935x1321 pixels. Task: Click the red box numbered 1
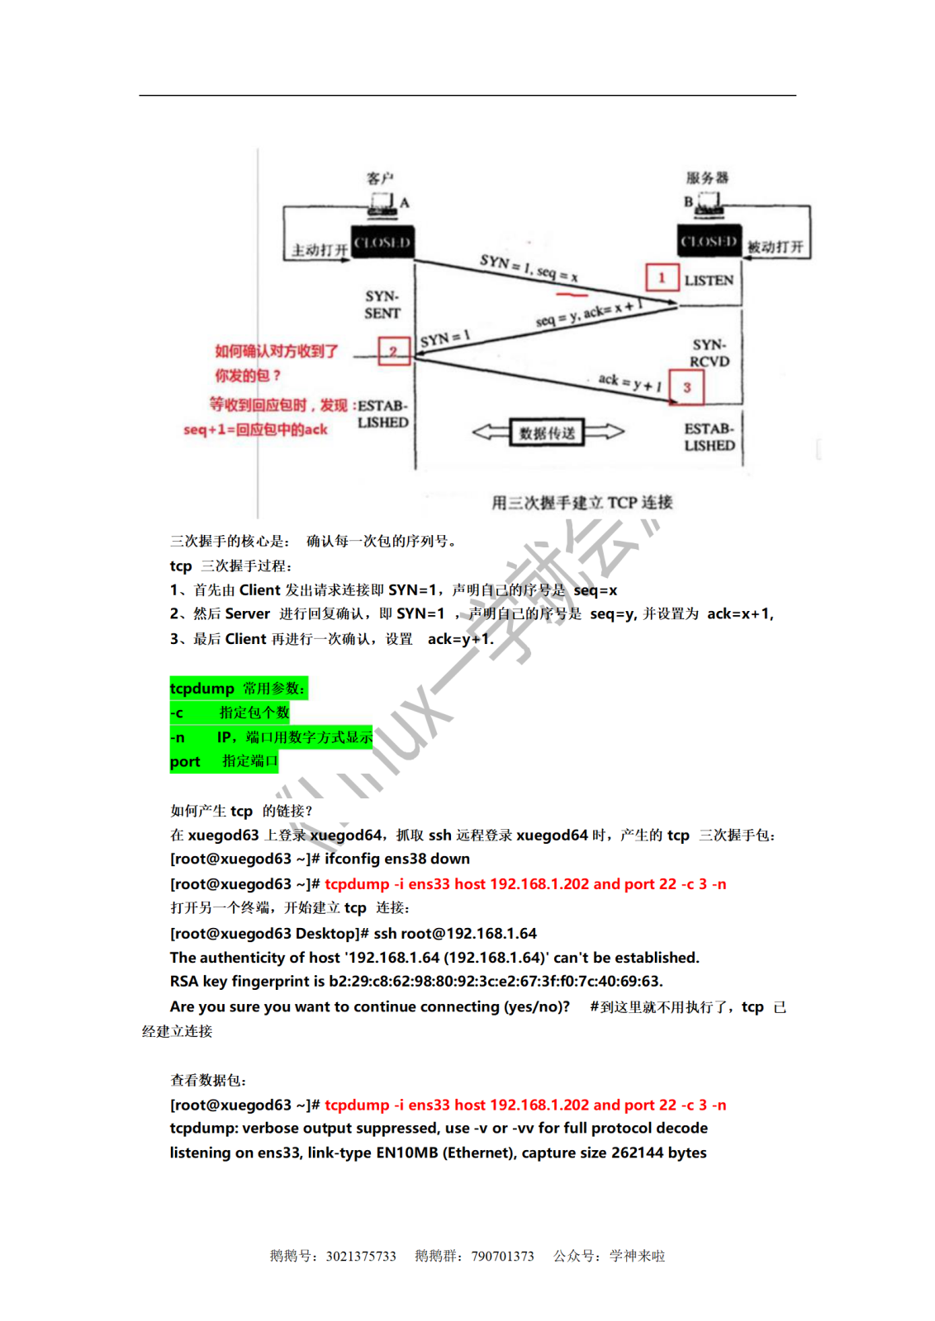pos(662,278)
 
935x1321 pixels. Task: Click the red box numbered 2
pos(394,351)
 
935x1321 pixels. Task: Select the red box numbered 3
pos(686,387)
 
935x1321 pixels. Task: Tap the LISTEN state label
pos(709,281)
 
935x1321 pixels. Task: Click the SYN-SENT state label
pos(382,305)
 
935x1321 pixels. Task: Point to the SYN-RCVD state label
pos(710,353)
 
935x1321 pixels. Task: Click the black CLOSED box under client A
pos(382,243)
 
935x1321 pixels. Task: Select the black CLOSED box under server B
pos(709,241)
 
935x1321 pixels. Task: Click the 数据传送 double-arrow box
pos(548,432)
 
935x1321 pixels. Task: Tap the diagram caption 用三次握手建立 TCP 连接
pos(581,502)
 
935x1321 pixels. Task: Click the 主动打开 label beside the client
pos(320,249)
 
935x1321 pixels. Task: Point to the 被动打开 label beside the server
pos(775,247)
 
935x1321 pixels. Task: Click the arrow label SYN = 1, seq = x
pos(529,267)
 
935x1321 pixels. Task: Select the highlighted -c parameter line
pos(230,713)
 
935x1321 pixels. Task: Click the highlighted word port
pos(185,762)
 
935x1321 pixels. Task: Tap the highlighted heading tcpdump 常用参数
pos(238,688)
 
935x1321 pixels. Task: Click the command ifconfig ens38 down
pos(397,859)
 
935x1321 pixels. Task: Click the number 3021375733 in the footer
pos(361,1256)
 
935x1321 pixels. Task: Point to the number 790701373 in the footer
pos(502,1256)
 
